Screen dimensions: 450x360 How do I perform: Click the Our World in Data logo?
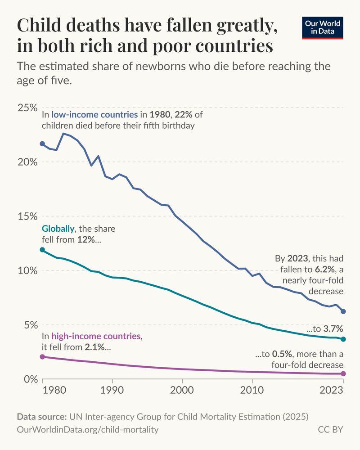tap(323, 27)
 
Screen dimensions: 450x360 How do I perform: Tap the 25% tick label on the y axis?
tap(27, 108)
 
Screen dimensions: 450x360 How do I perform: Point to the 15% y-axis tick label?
tap(27, 216)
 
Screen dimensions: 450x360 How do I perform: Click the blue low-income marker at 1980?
tap(42, 144)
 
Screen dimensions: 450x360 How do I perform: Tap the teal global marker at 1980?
tap(42, 250)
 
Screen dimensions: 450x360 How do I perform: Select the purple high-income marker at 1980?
tap(42, 357)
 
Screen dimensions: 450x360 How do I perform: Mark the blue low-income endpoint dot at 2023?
tap(343, 311)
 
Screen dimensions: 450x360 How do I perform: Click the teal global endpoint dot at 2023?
tap(343, 339)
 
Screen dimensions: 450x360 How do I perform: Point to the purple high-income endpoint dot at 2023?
tap(343, 374)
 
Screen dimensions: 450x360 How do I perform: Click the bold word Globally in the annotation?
tap(58, 229)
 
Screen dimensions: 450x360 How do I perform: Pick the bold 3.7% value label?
tap(333, 328)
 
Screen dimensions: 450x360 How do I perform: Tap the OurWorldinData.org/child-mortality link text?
tap(88, 430)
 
